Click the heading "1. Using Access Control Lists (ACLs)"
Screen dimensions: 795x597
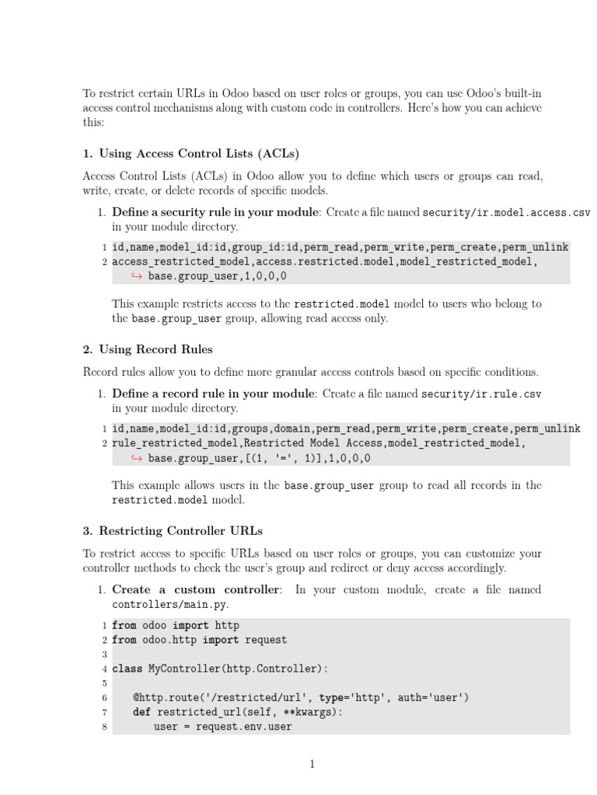[x=190, y=153]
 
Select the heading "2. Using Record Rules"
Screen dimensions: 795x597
[x=147, y=349]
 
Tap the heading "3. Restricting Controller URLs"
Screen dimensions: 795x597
[x=173, y=531]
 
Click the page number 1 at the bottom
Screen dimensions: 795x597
[x=312, y=764]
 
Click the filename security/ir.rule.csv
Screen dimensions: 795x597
[x=481, y=394]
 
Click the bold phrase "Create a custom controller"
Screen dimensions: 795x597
[x=196, y=589]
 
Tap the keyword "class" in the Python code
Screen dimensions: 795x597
[x=127, y=668]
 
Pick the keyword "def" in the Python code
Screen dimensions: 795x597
[x=141, y=712]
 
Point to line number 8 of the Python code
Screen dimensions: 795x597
[x=104, y=727]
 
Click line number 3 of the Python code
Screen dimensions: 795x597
[x=104, y=654]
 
